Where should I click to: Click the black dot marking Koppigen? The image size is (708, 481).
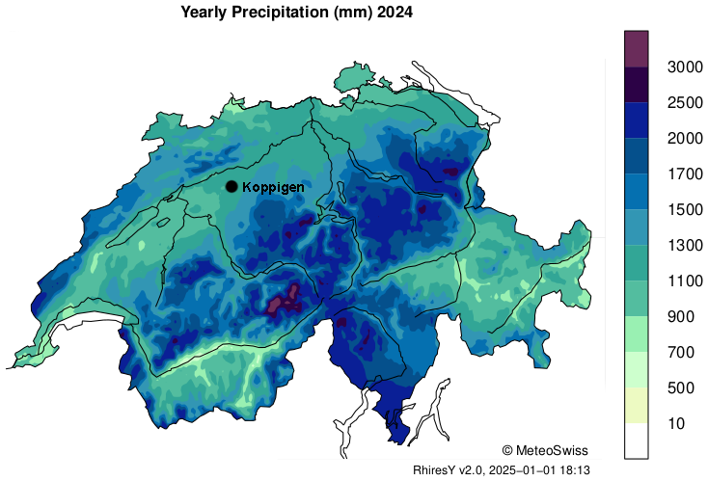click(231, 186)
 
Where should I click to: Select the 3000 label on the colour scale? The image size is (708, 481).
click(684, 67)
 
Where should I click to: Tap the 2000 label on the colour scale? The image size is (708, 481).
click(684, 138)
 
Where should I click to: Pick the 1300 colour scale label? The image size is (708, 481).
click(684, 245)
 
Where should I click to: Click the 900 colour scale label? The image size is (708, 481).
click(680, 316)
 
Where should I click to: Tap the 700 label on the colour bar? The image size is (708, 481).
click(680, 352)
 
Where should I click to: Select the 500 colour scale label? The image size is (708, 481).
click(680, 387)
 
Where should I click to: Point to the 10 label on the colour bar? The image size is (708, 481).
click(676, 423)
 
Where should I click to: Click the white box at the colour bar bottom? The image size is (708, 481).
click(637, 441)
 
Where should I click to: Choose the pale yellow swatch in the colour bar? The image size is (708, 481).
click(637, 405)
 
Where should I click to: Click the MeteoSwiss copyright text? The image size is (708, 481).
click(545, 450)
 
